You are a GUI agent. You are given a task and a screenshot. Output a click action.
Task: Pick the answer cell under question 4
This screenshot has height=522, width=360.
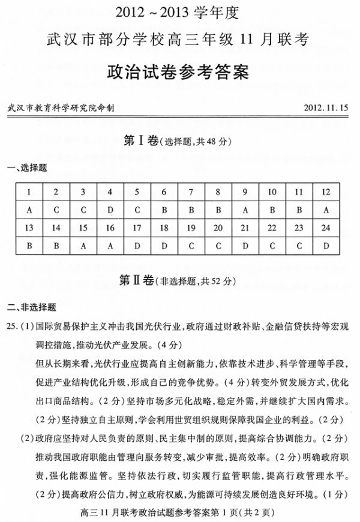[x=110, y=210]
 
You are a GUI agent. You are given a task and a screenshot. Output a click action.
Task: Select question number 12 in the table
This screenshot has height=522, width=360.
[x=326, y=192]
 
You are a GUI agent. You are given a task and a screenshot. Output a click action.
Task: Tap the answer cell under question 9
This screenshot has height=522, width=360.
[x=245, y=210]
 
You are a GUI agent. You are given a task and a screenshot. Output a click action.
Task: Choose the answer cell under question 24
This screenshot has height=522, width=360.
[x=326, y=245]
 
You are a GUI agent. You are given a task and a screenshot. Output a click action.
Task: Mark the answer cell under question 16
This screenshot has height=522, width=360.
[x=110, y=245]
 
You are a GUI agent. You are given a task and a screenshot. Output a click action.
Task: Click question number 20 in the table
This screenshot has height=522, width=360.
[x=218, y=228]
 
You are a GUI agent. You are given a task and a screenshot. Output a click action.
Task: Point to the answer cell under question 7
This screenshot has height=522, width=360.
[x=191, y=210]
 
